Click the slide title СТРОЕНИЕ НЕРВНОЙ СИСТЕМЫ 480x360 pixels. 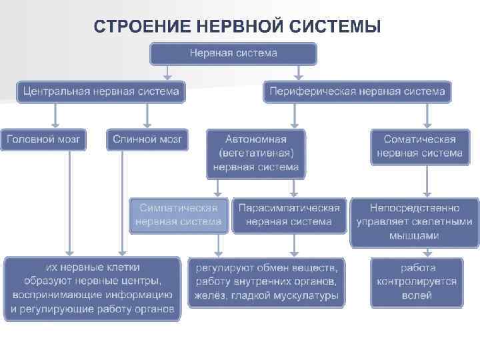[238, 27]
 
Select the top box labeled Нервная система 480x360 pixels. [233, 53]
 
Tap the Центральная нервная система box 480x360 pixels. [101, 91]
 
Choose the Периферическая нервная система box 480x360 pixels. [357, 91]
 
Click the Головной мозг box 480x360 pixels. [44, 139]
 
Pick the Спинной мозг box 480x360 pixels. [147, 139]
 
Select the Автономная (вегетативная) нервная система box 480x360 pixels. [255, 153]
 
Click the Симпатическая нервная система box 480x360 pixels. [179, 215]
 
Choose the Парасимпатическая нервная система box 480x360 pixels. [289, 215]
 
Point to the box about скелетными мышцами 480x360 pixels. [415, 222]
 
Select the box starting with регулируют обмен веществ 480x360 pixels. [266, 282]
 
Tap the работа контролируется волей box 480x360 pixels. [417, 281]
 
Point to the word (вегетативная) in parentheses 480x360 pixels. [255, 153]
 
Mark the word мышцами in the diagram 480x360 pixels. [415, 235]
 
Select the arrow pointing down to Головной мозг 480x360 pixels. [56, 115]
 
